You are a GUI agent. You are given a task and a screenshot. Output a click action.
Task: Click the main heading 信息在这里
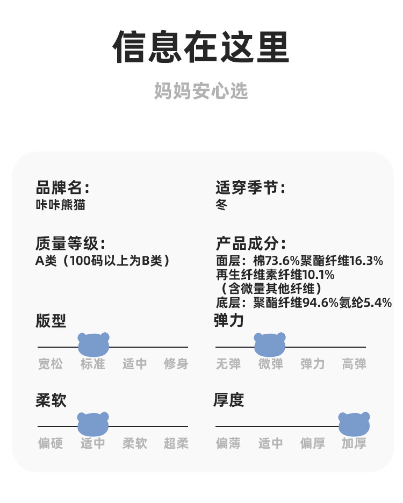coord(201,48)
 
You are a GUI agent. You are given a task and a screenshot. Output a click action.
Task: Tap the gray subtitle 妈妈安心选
coord(201,91)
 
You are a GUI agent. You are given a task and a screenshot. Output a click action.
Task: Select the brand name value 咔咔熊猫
coord(60,205)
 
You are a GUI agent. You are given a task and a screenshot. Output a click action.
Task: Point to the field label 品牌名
coord(62,188)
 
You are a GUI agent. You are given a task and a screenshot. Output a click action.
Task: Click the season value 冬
coord(221,205)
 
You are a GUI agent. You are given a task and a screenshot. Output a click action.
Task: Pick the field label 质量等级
coord(70,243)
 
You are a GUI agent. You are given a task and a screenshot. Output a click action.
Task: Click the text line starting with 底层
coord(304,303)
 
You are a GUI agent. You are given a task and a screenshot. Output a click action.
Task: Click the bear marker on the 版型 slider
coord(93,344)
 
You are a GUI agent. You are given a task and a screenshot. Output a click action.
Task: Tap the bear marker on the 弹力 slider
coord(270,344)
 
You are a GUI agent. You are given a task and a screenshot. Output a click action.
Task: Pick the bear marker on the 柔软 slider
coord(93,423)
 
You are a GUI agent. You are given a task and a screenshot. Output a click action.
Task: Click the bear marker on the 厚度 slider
coord(354,423)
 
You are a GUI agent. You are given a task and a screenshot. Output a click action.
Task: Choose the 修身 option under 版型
coord(176,364)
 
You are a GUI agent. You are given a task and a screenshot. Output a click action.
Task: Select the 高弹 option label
coord(354,364)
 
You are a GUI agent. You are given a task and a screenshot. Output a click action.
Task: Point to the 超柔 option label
coord(176,443)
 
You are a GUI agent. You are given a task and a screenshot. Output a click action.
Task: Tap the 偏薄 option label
coord(228,443)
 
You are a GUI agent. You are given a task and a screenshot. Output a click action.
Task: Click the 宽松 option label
coord(51,364)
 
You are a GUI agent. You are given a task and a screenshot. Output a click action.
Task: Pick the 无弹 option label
coord(228,364)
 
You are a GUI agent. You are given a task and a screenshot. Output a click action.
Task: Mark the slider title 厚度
coord(229,400)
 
